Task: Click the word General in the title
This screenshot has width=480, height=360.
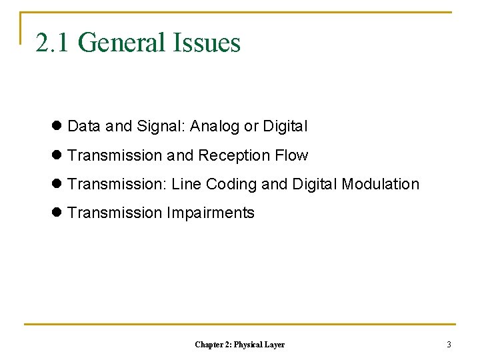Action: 121,43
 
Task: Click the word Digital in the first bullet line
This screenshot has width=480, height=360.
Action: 285,126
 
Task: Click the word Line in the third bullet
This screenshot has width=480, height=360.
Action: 187,184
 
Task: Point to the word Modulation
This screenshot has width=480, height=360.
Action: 380,184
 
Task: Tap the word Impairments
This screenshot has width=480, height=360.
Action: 211,213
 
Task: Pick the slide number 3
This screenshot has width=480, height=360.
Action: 449,345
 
